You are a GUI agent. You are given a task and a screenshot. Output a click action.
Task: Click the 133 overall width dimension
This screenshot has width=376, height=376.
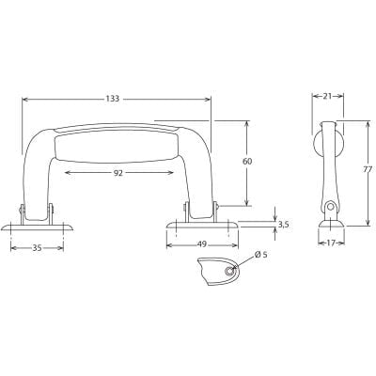coord(113,98)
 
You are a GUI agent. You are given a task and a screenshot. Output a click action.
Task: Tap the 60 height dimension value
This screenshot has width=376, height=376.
coord(246,162)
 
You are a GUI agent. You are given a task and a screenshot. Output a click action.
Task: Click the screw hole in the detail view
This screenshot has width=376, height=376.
coord(227,271)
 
